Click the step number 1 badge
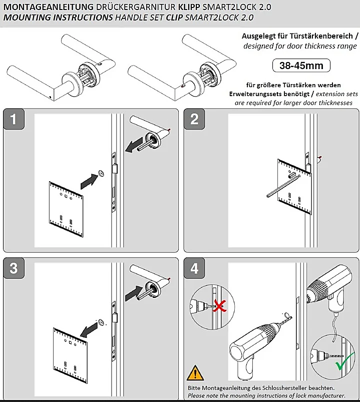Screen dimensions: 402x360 click(x=14, y=119)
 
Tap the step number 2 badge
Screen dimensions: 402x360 click(x=194, y=119)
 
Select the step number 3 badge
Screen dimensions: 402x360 click(x=14, y=268)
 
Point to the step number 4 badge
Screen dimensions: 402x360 click(x=194, y=268)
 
